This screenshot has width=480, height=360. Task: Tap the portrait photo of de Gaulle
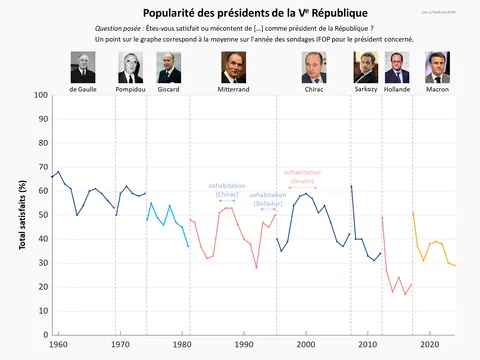coord(82,67)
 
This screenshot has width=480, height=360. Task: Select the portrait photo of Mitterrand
coord(231,67)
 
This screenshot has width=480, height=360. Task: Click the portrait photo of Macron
coord(437,67)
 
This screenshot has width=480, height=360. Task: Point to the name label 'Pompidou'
coord(131,89)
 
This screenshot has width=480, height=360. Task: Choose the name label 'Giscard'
coord(169,89)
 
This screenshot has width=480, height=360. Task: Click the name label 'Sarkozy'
coord(366,89)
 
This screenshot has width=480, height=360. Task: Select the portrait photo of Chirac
coord(314,67)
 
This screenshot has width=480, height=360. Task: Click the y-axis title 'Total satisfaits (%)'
coord(23,215)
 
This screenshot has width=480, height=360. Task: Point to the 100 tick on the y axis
coord(41,95)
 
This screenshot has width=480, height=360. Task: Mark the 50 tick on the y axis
coord(43,215)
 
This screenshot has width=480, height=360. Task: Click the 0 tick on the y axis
coord(45,334)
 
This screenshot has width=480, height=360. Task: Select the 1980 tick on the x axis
coord(182,345)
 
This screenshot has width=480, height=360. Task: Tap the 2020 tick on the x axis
coord(429,345)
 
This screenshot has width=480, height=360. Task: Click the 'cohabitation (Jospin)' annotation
coord(301,176)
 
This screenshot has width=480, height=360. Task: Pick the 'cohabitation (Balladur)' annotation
coord(268,199)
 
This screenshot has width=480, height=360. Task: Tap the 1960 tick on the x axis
coord(58,345)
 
